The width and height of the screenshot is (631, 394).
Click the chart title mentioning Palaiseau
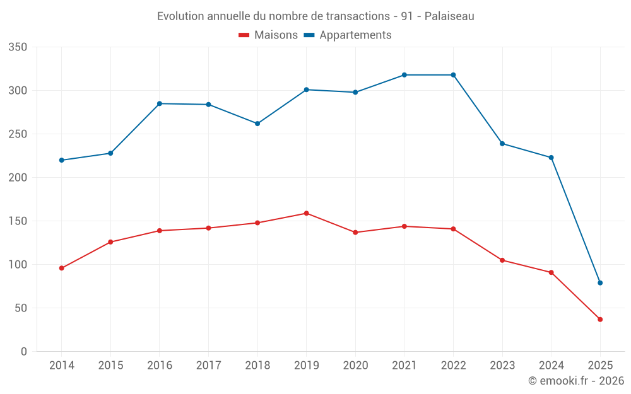coord(315,16)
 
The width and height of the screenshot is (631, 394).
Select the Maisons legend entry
coord(268,35)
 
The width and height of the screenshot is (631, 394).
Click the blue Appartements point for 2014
coord(62,160)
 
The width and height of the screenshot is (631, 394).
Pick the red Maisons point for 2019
coord(307,213)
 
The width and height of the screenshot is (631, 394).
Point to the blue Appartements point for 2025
coord(600,283)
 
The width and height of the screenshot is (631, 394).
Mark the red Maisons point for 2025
coord(600,320)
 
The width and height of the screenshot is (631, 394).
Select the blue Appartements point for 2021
coord(404,75)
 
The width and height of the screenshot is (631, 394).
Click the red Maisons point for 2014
coord(62,268)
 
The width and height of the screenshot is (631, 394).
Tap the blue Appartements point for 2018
coord(257,124)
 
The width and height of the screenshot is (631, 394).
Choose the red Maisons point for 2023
coord(502,260)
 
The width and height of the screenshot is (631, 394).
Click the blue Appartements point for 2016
coord(160,103)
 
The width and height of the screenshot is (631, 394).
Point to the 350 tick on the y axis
coord(18,47)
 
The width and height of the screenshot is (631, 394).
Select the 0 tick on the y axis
coord(24,352)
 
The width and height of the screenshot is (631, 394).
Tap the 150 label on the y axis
coord(18,221)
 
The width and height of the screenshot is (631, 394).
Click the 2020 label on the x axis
coord(355,366)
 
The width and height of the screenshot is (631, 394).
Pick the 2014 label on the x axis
coord(62,366)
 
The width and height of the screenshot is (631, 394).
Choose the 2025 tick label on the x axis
coord(600,366)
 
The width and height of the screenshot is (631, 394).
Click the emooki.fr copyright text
coord(575,381)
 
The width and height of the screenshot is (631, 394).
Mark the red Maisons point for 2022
coord(453,229)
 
